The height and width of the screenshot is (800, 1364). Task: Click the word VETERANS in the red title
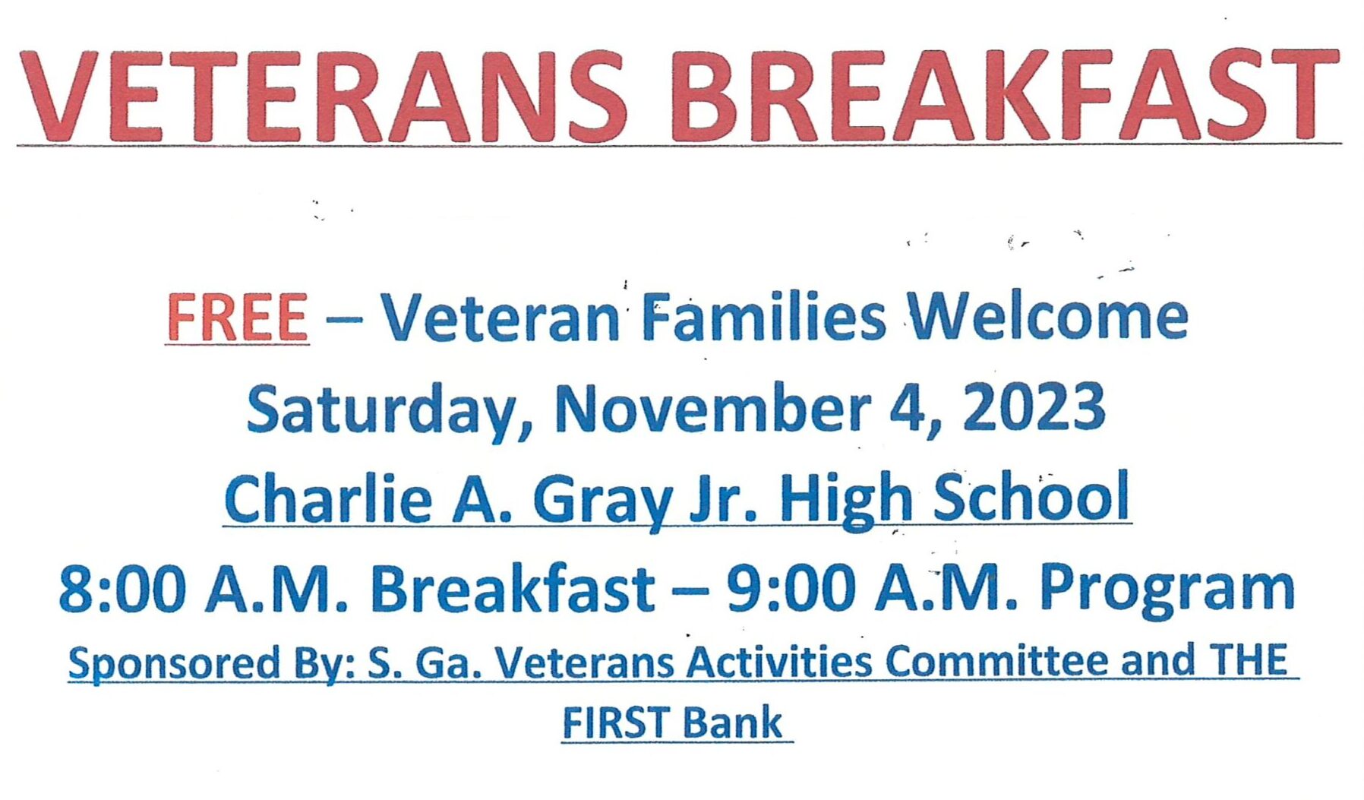tap(324, 96)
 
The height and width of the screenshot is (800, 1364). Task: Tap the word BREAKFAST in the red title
tap(1004, 95)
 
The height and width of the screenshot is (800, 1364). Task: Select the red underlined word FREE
tap(238, 318)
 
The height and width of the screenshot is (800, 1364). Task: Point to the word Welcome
tap(1049, 316)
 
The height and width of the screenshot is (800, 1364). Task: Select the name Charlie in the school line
tap(329, 498)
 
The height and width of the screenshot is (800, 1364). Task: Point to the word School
tap(1032, 495)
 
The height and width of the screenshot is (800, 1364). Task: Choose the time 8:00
tap(122, 589)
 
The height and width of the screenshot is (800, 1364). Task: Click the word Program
tap(1167, 592)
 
